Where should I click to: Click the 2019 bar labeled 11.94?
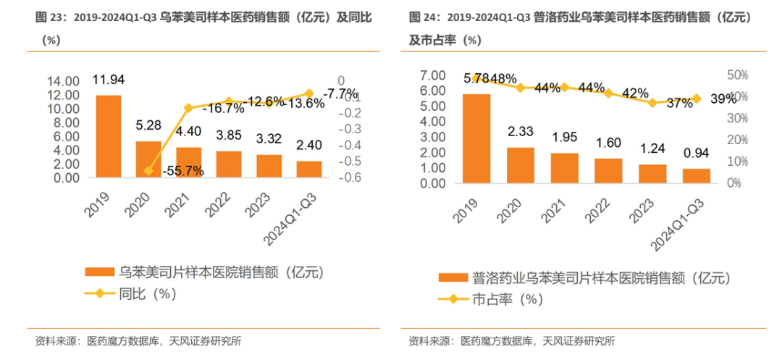(x=109, y=136)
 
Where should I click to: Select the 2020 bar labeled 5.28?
(x=148, y=159)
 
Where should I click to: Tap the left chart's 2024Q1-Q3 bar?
(x=309, y=169)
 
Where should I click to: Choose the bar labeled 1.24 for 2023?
(x=653, y=175)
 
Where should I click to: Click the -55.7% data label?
(x=184, y=171)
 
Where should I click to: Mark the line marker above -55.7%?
(x=148, y=171)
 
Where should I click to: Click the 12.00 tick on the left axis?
(x=65, y=95)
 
